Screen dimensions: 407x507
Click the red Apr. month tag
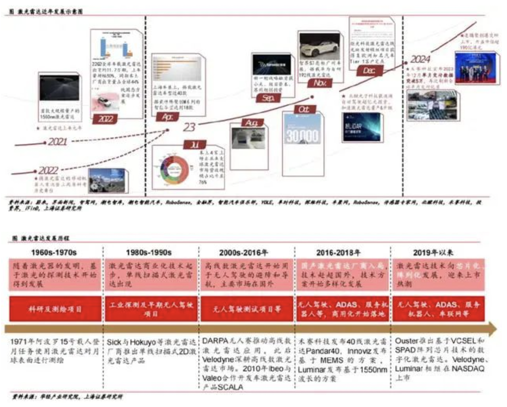(x=167, y=117)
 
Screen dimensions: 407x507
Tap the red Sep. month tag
(x=268, y=98)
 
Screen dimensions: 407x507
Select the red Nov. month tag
(x=320, y=83)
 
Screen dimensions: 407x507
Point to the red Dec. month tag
(x=369, y=71)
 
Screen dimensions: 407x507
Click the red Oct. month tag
(x=303, y=109)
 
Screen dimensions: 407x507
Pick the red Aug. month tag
(x=252, y=123)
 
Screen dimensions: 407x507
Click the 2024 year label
(x=420, y=59)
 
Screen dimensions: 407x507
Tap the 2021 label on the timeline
(x=57, y=142)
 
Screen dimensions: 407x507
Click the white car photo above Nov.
(x=320, y=47)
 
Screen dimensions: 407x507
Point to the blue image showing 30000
(x=302, y=135)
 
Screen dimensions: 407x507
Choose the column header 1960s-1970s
(x=54, y=253)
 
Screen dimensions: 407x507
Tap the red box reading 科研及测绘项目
(x=55, y=309)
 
